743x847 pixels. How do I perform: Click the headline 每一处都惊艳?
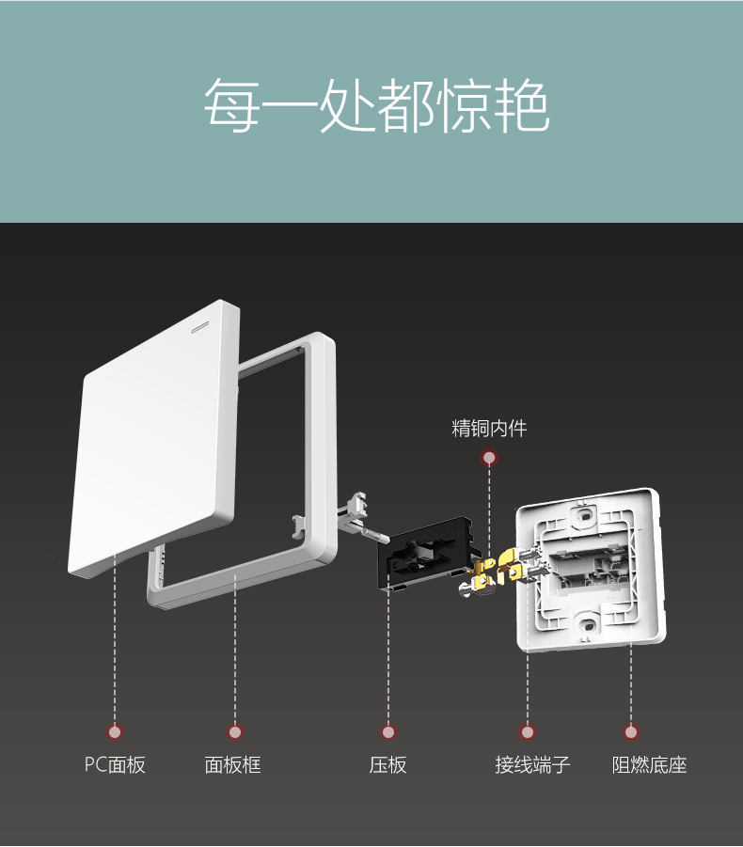click(376, 105)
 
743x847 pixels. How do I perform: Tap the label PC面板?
click(115, 764)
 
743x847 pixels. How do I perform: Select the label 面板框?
click(232, 764)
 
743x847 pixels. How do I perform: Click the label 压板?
click(387, 764)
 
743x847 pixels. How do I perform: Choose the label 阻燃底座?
click(649, 764)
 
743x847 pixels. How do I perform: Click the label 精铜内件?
click(489, 429)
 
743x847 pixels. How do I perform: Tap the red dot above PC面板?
click(115, 731)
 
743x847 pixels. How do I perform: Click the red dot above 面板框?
click(234, 731)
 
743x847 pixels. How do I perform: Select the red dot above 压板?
click(387, 731)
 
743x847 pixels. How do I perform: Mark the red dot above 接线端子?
click(528, 731)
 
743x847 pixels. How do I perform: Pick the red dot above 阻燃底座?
click(631, 731)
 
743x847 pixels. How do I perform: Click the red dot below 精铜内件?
click(489, 458)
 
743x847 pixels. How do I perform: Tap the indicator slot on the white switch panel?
click(201, 329)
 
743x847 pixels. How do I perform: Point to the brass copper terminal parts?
click(498, 570)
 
